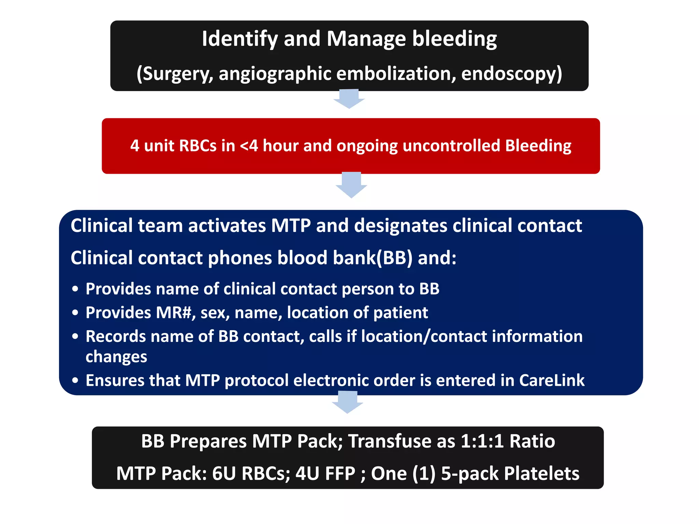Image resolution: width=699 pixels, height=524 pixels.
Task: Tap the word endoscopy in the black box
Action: tap(511, 74)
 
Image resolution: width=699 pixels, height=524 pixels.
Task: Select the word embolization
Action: tap(396, 74)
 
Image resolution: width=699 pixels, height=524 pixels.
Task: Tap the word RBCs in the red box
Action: tap(198, 146)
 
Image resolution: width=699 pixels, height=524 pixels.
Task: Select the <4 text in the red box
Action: tap(249, 146)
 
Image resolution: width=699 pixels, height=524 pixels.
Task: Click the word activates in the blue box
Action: tap(227, 226)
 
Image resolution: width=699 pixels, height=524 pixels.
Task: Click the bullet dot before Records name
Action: tap(75, 337)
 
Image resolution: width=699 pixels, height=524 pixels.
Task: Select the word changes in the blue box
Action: tap(116, 357)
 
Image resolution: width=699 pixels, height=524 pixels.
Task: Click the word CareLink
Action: tap(552, 381)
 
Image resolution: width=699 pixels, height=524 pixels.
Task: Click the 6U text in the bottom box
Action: tap(224, 474)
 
